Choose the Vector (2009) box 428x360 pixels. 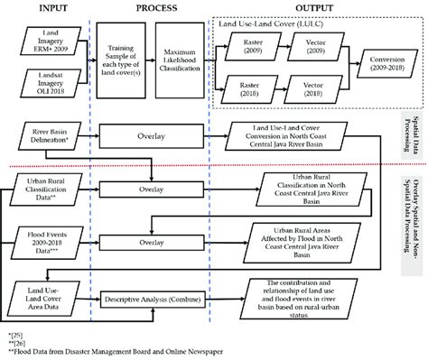[x=314, y=47]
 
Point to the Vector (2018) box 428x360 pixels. [x=314, y=97]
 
